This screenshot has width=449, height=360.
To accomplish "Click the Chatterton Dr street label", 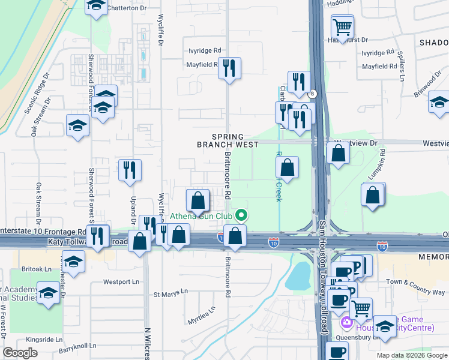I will point(127,8).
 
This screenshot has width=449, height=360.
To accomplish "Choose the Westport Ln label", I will point(121,281).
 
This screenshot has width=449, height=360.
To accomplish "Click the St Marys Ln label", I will point(170,294).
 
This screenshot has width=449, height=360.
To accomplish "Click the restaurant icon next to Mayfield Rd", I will point(229,68).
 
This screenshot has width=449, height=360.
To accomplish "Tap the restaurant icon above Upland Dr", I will point(130,170).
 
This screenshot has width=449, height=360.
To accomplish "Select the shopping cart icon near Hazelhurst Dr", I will point(342,26).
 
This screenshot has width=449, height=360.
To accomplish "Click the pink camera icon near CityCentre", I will point(346,323).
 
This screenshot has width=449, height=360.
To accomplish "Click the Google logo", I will point(20,353).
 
